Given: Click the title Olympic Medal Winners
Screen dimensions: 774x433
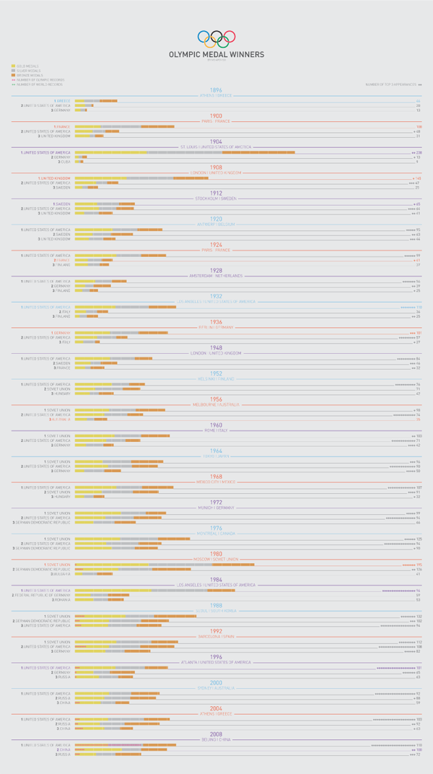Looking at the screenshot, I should click(216, 54).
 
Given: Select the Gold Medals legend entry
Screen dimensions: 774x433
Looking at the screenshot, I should click(27, 66).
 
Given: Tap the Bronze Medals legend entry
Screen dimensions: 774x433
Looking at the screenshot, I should click(28, 74).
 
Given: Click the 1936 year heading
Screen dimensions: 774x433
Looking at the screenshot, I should click(216, 321).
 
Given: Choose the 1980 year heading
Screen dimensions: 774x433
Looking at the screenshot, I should click(216, 554).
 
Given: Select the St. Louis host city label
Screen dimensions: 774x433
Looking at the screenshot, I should click(216, 147).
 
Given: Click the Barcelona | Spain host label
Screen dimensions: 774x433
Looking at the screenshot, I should click(216, 636).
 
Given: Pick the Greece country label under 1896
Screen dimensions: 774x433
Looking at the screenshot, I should click(63, 100).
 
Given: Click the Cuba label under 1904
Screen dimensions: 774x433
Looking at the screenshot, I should click(66, 162).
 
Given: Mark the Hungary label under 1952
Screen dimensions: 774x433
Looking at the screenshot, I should click(62, 393).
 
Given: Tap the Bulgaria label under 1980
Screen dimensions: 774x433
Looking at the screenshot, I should click(61, 574).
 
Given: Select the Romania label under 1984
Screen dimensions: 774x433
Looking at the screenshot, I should click(62, 600).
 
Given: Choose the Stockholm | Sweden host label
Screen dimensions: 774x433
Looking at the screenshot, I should click(216, 198).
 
